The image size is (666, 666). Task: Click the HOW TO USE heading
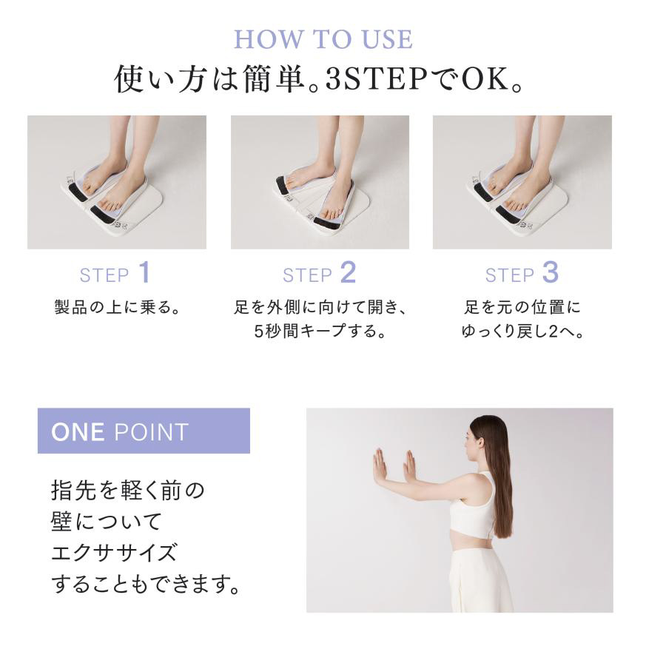[x=323, y=39]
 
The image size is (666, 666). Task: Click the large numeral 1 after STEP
[x=145, y=272]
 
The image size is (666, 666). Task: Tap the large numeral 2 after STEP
[x=349, y=272]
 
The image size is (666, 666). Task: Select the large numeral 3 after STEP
[x=551, y=272]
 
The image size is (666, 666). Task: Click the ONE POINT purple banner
[x=144, y=431]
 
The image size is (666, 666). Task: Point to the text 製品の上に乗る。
[x=117, y=306]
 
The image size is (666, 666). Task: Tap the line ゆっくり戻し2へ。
[x=522, y=331]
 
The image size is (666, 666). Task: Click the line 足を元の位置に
[x=522, y=306]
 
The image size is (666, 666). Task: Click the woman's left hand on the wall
[x=380, y=465]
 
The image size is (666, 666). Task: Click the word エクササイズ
[x=113, y=553]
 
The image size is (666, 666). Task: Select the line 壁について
[x=106, y=522]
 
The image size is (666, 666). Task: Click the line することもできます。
[x=146, y=584]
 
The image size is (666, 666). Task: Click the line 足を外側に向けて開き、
[x=320, y=306]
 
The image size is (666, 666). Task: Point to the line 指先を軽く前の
[x=128, y=490]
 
